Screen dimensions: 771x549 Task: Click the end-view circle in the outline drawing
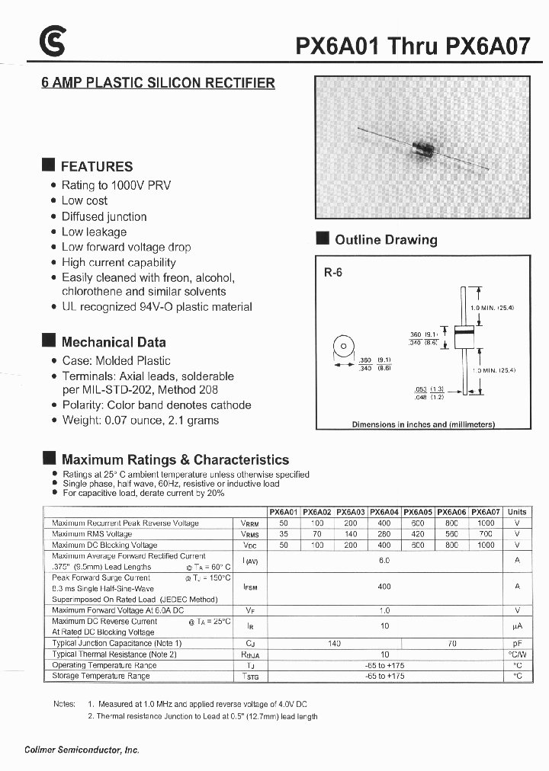coord(344,347)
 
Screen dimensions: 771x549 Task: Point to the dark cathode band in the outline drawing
coord(461,332)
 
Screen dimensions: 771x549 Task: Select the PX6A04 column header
coord(384,512)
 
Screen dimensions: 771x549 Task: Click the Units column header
coord(517,512)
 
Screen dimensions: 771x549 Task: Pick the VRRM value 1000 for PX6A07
coord(485,523)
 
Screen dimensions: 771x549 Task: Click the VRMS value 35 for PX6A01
coord(284,534)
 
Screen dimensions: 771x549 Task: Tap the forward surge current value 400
coord(384,587)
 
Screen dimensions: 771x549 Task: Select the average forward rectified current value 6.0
coord(384,560)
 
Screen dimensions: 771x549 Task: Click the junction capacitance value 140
coord(334,643)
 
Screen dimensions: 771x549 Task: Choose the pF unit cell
coord(517,643)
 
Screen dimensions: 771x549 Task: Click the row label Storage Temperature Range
coord(101,676)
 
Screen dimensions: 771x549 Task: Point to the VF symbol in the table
coord(249,609)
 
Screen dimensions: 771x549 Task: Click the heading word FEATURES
coord(97,166)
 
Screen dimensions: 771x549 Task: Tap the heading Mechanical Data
coord(114,342)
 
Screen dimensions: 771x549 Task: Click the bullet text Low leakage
coord(94,232)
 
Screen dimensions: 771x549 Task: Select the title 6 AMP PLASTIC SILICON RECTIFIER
coord(158,83)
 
